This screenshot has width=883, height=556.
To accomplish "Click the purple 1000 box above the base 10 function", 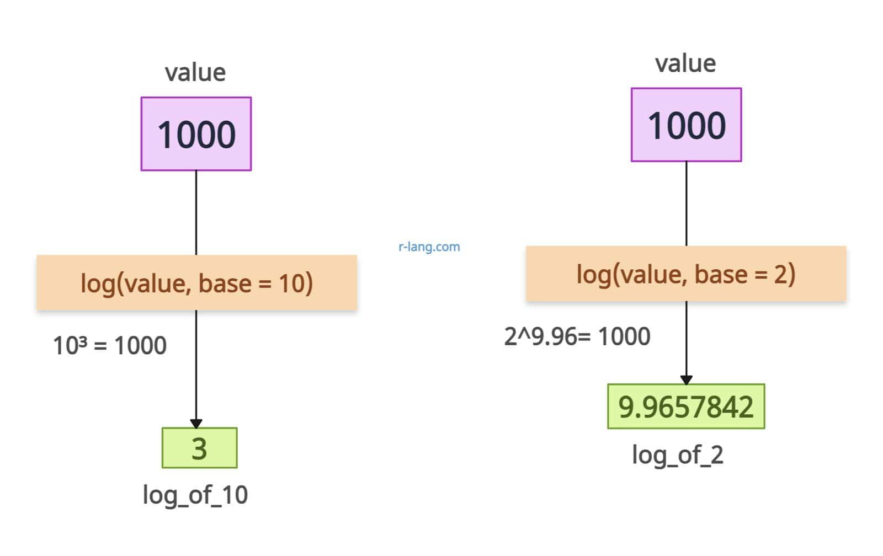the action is (196, 133).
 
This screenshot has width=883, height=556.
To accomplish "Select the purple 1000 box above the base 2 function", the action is (687, 125).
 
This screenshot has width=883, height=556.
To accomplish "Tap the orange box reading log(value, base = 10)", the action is (196, 282).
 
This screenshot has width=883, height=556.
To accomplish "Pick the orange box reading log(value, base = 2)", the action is (687, 274).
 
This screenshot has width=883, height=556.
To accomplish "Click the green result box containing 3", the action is (199, 448).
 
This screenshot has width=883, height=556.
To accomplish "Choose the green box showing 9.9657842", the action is (687, 407).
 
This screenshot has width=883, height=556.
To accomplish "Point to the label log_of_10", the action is (195, 495).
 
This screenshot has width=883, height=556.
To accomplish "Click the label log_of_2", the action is (678, 455).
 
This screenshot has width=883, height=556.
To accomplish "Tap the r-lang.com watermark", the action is (429, 247).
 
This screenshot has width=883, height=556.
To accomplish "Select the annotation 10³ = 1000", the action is (110, 346).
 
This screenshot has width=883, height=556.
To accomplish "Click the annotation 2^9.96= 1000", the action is (577, 336).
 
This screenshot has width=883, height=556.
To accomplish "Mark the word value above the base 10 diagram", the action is (195, 73).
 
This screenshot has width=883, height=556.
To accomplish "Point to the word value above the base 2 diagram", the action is (685, 64).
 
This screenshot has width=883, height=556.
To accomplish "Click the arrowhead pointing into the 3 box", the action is (196, 424).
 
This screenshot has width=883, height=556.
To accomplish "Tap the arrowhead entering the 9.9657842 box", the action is (687, 380).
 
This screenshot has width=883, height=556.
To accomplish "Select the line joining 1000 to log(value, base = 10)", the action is (196, 213).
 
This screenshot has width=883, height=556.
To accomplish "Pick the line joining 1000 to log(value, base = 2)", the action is (687, 204).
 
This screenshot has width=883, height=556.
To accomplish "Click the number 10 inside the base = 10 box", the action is (291, 284).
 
